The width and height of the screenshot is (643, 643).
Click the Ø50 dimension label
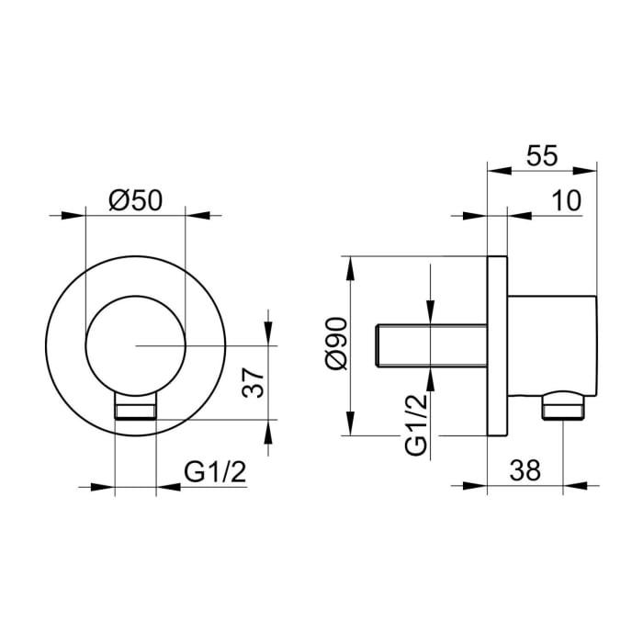click(x=134, y=199)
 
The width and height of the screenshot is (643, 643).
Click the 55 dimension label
click(x=543, y=155)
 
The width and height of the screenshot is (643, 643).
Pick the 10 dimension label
click(x=566, y=201)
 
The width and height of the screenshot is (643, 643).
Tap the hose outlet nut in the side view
click(x=563, y=405)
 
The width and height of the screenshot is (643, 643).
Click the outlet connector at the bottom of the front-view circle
click(x=135, y=408)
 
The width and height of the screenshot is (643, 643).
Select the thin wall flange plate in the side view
click(x=497, y=345)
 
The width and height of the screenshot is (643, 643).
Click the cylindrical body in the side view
click(x=551, y=344)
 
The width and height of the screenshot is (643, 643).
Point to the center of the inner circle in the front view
click(x=134, y=344)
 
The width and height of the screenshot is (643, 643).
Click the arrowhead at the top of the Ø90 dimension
click(x=350, y=263)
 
